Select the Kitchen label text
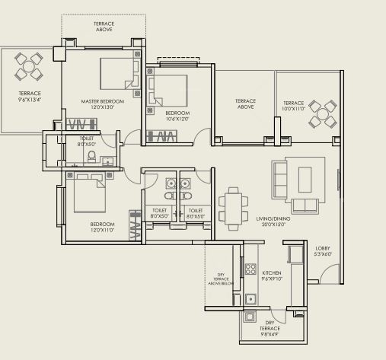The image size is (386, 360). (272, 272)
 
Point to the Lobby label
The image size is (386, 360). (323, 247)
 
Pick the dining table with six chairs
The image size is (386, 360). (233, 205)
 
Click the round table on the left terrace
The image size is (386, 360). (28, 67)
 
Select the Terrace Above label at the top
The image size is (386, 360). (104, 28)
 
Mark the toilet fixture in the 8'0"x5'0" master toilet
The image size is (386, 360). (91, 158)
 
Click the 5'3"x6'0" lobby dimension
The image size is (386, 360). (323, 253)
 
